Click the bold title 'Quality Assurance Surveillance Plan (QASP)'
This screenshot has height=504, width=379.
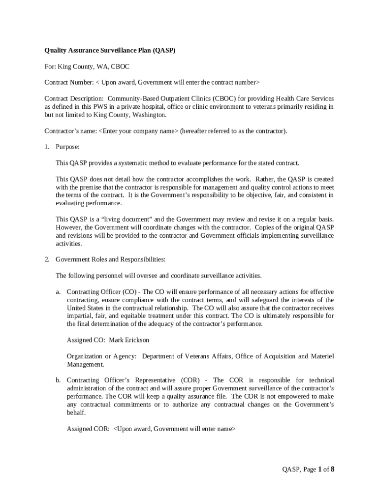click(110, 50)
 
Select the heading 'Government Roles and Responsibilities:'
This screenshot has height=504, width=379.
click(110, 259)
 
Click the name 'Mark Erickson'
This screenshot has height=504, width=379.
click(129, 340)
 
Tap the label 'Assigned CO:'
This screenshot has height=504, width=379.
click(86, 340)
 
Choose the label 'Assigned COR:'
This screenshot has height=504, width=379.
click(88, 429)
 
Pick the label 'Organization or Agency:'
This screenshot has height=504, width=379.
click(102, 356)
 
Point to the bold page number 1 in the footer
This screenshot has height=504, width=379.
click(320, 469)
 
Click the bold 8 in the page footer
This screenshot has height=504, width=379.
click(333, 469)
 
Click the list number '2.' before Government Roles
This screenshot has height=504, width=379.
click(47, 259)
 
